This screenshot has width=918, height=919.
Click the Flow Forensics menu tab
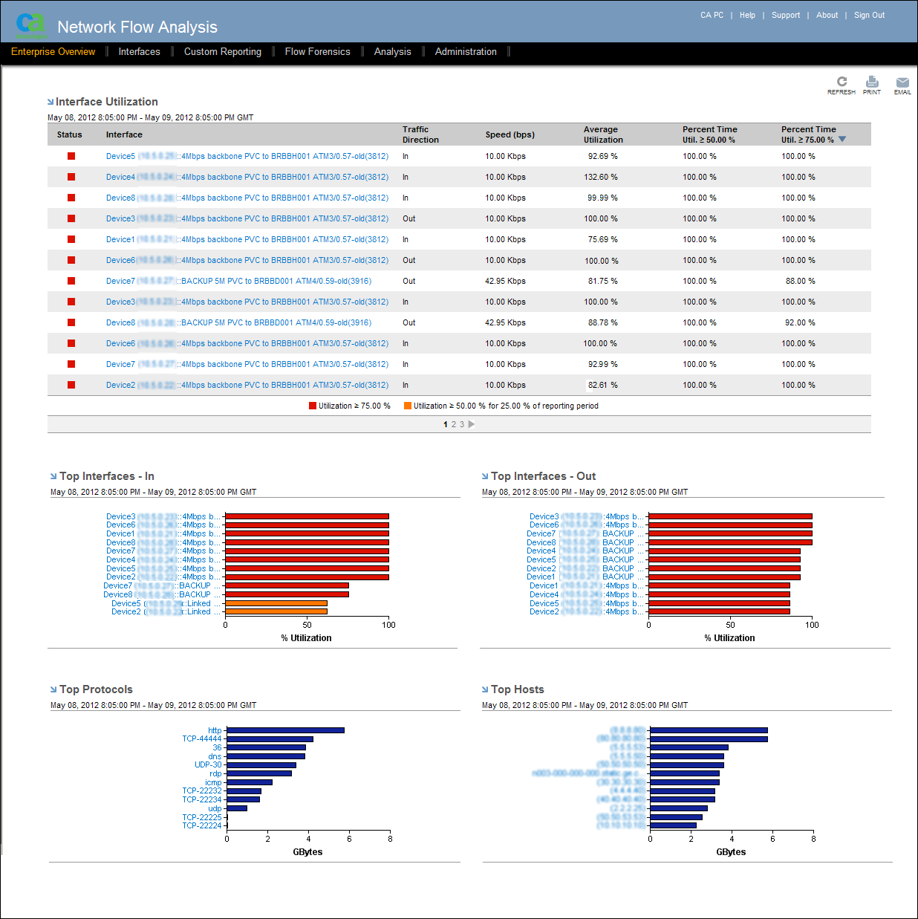pos(317,52)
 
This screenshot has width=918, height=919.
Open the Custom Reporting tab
pos(222,52)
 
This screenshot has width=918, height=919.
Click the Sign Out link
pos(869,16)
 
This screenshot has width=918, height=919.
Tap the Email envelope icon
pos(902,83)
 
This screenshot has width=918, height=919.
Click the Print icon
pos(872,83)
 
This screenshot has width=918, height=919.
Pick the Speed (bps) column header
pos(510,135)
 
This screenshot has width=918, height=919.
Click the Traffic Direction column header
pos(420,134)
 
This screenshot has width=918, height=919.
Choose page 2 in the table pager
pos(454,425)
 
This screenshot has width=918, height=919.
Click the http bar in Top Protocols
pos(285,730)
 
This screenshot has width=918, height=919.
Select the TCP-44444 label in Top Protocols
pos(201,739)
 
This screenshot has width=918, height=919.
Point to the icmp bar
pos(250,782)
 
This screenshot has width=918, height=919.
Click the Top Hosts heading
pos(517,689)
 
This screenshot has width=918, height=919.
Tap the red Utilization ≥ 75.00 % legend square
pos(313,406)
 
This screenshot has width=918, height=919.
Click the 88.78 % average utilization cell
pos(602,323)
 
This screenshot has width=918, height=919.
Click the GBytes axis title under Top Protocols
pos(307,852)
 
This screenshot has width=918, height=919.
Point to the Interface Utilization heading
pos(106,102)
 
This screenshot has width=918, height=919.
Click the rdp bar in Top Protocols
pos(259,773)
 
